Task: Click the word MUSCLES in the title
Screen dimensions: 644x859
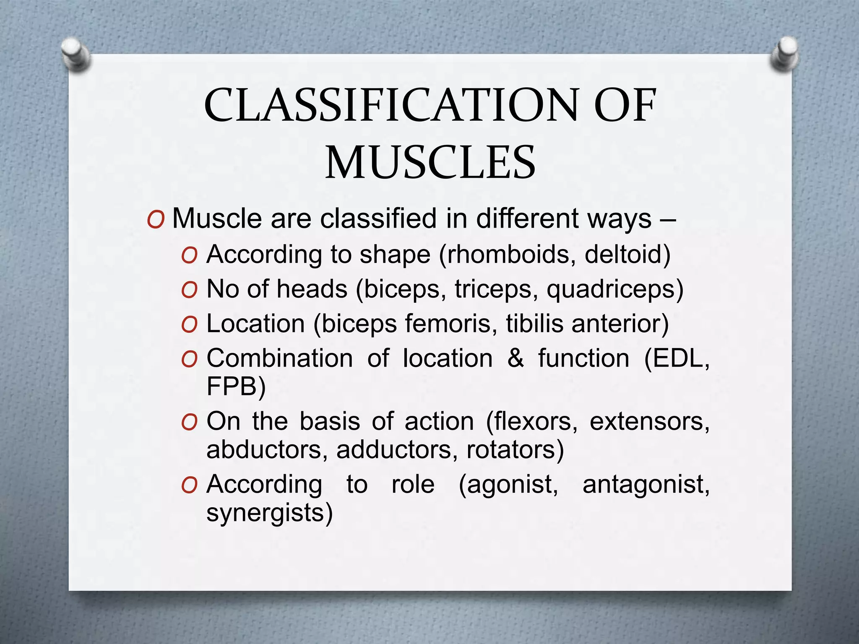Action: click(430, 163)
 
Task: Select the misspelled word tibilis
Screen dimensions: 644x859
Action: click(534, 324)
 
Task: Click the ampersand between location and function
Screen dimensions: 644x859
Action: click(515, 359)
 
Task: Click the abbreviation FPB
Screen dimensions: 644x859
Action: click(232, 387)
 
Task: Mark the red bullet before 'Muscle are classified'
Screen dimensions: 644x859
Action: click(156, 220)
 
